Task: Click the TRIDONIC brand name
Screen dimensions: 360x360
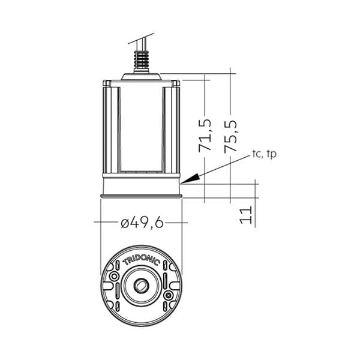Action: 141,262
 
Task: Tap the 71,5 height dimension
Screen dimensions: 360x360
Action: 205,136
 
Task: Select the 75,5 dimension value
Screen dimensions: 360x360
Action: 230,136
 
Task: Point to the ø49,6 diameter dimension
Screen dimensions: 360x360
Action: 142,223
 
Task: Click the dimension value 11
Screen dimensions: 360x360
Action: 246,215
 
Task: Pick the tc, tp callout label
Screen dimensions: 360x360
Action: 264,154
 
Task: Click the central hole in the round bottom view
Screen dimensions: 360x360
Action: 141,286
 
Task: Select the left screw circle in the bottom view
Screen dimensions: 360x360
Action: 114,276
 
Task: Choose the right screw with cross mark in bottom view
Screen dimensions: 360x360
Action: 169,295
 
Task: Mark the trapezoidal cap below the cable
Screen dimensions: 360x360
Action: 141,76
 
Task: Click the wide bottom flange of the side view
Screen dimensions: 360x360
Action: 141,196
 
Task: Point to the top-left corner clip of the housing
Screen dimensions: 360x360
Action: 107,83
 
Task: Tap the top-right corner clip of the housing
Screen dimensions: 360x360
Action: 176,83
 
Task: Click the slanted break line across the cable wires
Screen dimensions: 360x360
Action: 141,38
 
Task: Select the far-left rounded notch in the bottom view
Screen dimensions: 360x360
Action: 107,286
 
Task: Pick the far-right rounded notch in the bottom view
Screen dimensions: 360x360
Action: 176,286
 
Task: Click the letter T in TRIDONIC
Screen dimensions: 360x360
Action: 125,262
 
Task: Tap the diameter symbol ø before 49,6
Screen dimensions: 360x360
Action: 125,224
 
